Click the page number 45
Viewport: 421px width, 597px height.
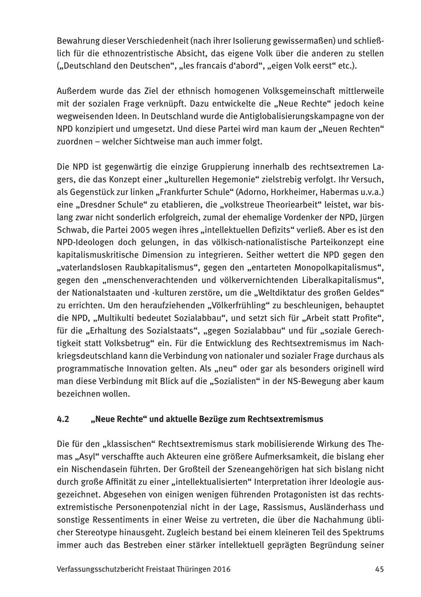[x=379, y=569]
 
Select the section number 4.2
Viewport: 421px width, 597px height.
[x=63, y=419]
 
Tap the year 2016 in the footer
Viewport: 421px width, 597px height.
[x=221, y=569]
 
